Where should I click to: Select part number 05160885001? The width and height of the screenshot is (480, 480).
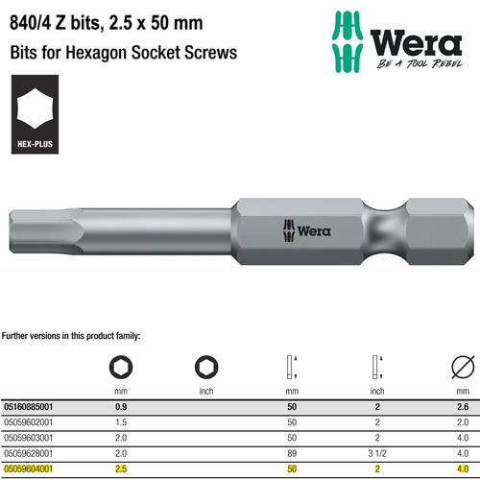coord(36,405)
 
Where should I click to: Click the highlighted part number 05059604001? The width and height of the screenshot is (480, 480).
coord(36,470)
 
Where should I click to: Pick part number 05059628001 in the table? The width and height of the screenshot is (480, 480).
coord(36,454)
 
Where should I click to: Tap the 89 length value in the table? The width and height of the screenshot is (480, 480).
coord(294,454)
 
